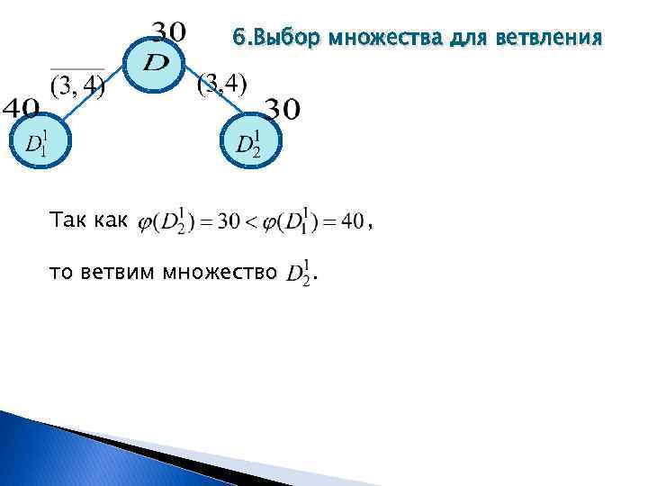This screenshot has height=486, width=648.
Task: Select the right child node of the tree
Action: [248, 141]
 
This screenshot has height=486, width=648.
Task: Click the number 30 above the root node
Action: [167, 31]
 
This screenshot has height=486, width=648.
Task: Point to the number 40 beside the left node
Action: [20, 109]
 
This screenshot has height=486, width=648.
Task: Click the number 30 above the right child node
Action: [281, 110]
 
